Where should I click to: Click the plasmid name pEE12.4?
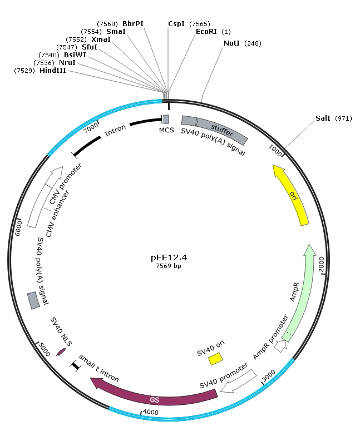coord(169,258)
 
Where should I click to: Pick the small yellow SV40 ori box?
coord(216,358)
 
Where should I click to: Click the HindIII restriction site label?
coord(53,71)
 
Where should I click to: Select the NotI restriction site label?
coord(231,43)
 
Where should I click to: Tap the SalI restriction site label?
coord(323,118)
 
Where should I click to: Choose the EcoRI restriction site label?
coord(206,32)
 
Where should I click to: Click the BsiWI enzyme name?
coord(75,55)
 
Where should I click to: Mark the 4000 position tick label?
coord(150,413)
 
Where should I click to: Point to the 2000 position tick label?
coord(322,264)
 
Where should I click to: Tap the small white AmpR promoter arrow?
coord(281,346)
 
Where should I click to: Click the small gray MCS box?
coord(166,119)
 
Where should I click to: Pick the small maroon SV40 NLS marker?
coord(61,352)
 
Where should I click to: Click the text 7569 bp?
coord(169,266)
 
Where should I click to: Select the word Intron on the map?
coord(115,130)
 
